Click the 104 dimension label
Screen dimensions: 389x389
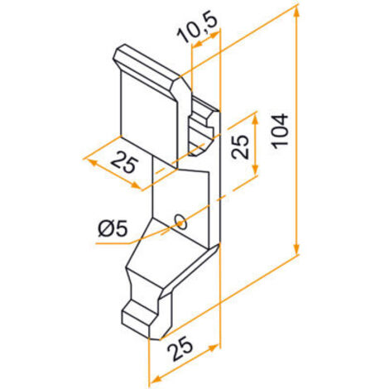pyautogui.click(x=280, y=131)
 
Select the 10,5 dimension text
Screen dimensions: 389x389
pyautogui.click(x=197, y=27)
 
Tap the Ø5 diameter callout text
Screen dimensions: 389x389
pyautogui.click(x=113, y=229)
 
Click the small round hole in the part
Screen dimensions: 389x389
pyautogui.click(x=180, y=222)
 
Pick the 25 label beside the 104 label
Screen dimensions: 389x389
pyautogui.click(x=240, y=146)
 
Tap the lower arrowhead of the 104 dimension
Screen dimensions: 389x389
pyautogui.click(x=296, y=247)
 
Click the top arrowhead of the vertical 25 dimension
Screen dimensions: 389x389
pyautogui.click(x=255, y=118)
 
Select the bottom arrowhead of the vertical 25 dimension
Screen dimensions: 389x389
pyautogui.click(x=255, y=167)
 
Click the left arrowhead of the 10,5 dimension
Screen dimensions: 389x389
pyautogui.click(x=196, y=44)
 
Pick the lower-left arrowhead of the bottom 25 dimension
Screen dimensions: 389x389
pyautogui.click(x=155, y=380)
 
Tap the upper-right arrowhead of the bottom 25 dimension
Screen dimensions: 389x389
pyautogui.click(x=214, y=348)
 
